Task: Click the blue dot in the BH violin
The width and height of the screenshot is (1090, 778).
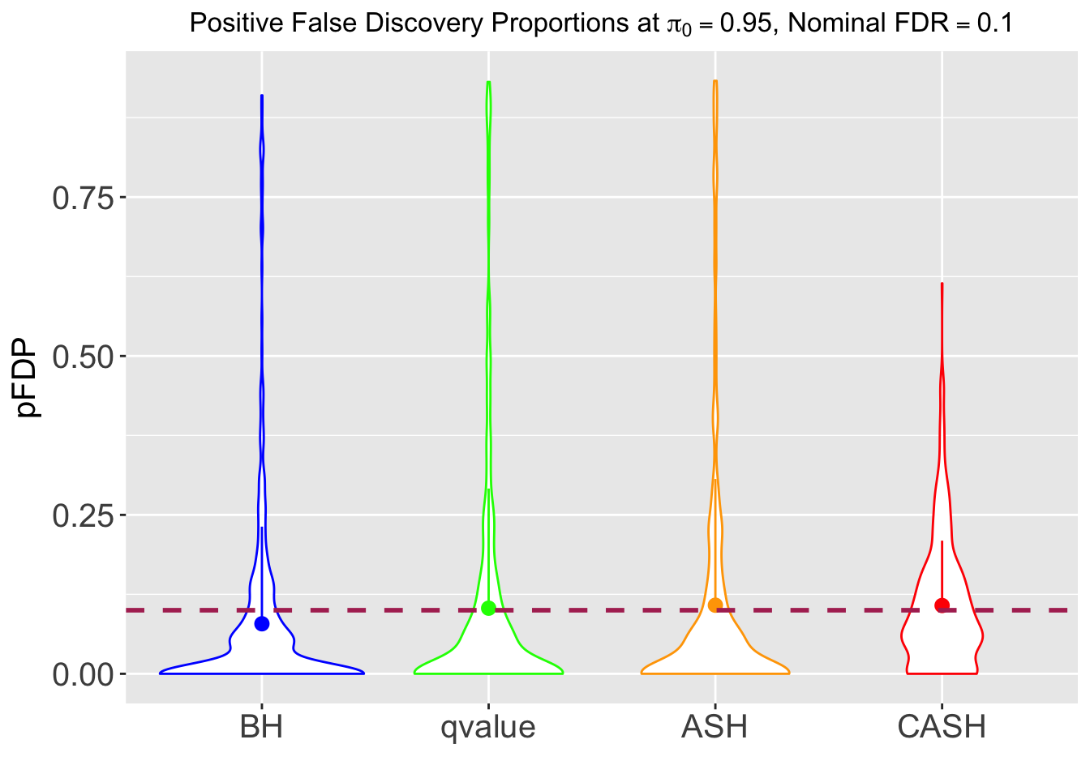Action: coord(262,623)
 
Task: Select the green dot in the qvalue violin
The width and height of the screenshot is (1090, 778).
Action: coord(488,608)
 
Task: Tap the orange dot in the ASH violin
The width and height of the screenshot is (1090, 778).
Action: coord(715,605)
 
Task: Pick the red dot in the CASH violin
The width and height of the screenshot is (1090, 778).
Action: coord(942,605)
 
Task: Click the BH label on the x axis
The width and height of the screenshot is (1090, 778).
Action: coord(262,727)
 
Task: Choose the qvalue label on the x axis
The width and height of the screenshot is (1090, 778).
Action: coord(488,727)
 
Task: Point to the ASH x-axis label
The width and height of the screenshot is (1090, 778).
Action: coord(715,727)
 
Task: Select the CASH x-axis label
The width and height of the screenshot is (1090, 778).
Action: coord(942,727)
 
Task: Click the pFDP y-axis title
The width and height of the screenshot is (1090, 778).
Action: coord(28,378)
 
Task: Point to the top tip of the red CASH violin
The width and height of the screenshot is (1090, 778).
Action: coord(942,284)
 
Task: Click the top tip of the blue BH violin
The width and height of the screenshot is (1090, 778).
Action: coord(262,96)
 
